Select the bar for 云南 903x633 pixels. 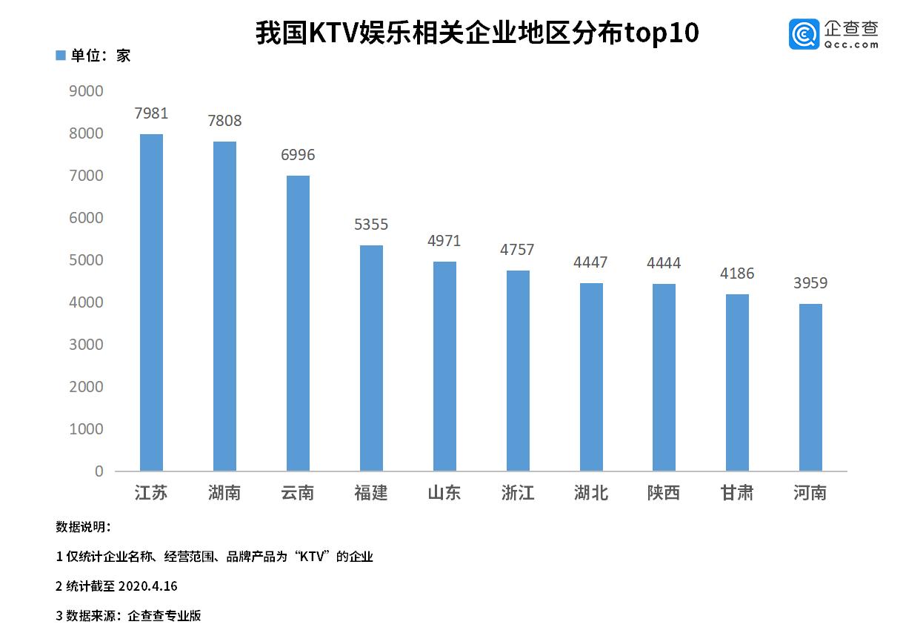[x=298, y=323]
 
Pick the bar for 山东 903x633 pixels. [x=444, y=366]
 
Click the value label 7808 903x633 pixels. [x=224, y=121]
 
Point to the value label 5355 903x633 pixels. [x=371, y=225]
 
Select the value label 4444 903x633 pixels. [x=664, y=263]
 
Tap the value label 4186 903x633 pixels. [x=737, y=274]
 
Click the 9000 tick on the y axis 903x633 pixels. [x=86, y=91]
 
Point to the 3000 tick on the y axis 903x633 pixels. [x=86, y=345]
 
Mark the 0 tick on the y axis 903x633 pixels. [x=99, y=471]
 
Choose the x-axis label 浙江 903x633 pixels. [x=518, y=493]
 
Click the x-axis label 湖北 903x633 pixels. [x=590, y=493]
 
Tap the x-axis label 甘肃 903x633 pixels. [x=737, y=493]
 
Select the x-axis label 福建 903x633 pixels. [x=371, y=493]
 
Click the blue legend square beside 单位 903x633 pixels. [x=61, y=56]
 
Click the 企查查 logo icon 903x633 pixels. [x=804, y=34]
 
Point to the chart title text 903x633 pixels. [x=477, y=33]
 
